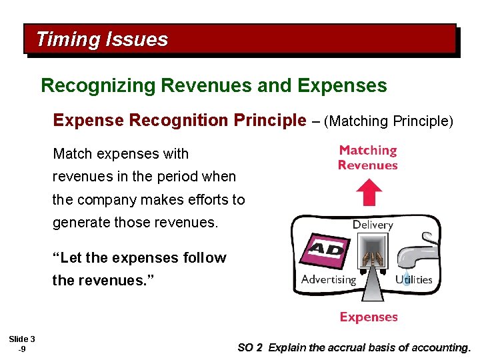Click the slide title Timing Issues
click(102, 39)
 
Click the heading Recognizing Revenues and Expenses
click(213, 86)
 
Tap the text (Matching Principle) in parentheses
click(391, 121)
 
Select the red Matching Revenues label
click(367, 158)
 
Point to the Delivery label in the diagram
click(373, 225)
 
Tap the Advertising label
click(329, 279)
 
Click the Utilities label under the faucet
click(414, 279)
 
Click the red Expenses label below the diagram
click(369, 317)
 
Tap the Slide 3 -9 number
click(22, 344)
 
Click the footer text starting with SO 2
click(354, 347)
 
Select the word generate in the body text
click(80, 223)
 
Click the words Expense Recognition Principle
click(177, 121)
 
